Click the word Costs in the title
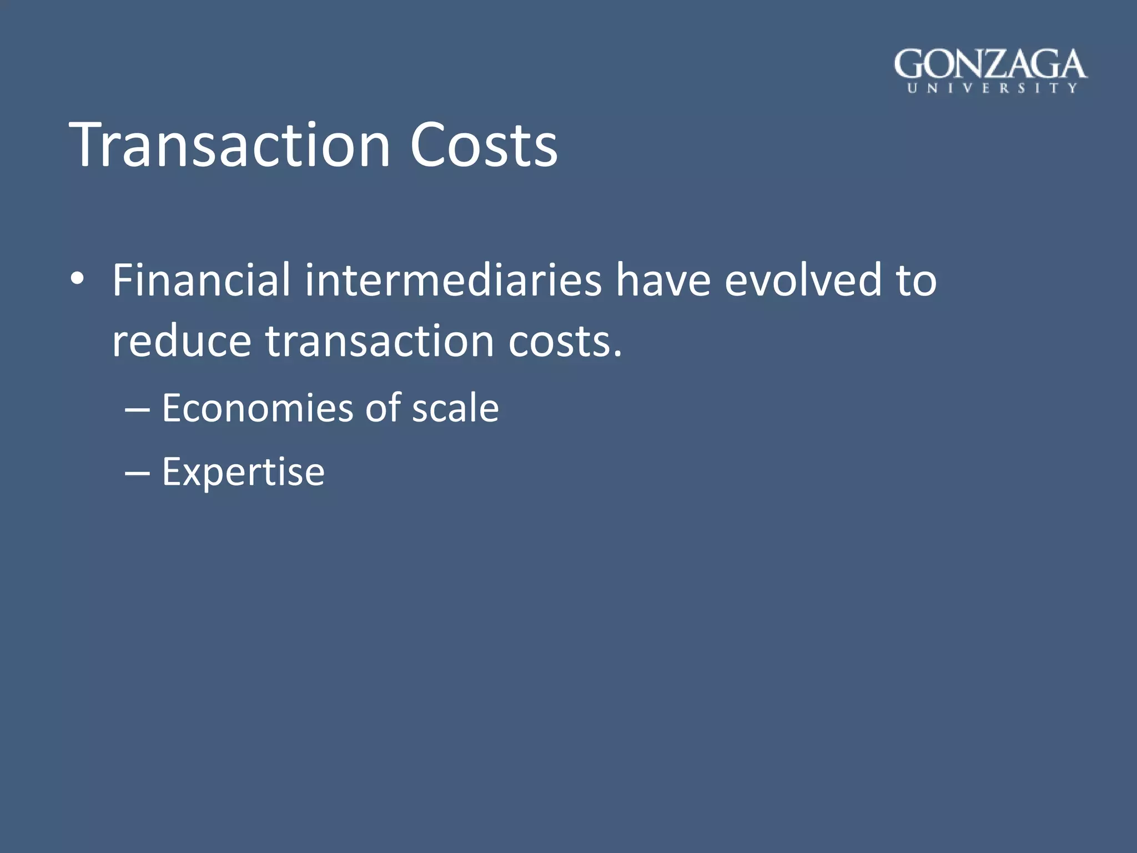tap(483, 145)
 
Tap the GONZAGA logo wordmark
tap(990, 64)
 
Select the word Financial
tap(201, 280)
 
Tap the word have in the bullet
tap(663, 281)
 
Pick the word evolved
tap(803, 280)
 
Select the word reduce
tap(181, 341)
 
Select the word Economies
tap(257, 408)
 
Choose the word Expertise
tap(243, 473)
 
